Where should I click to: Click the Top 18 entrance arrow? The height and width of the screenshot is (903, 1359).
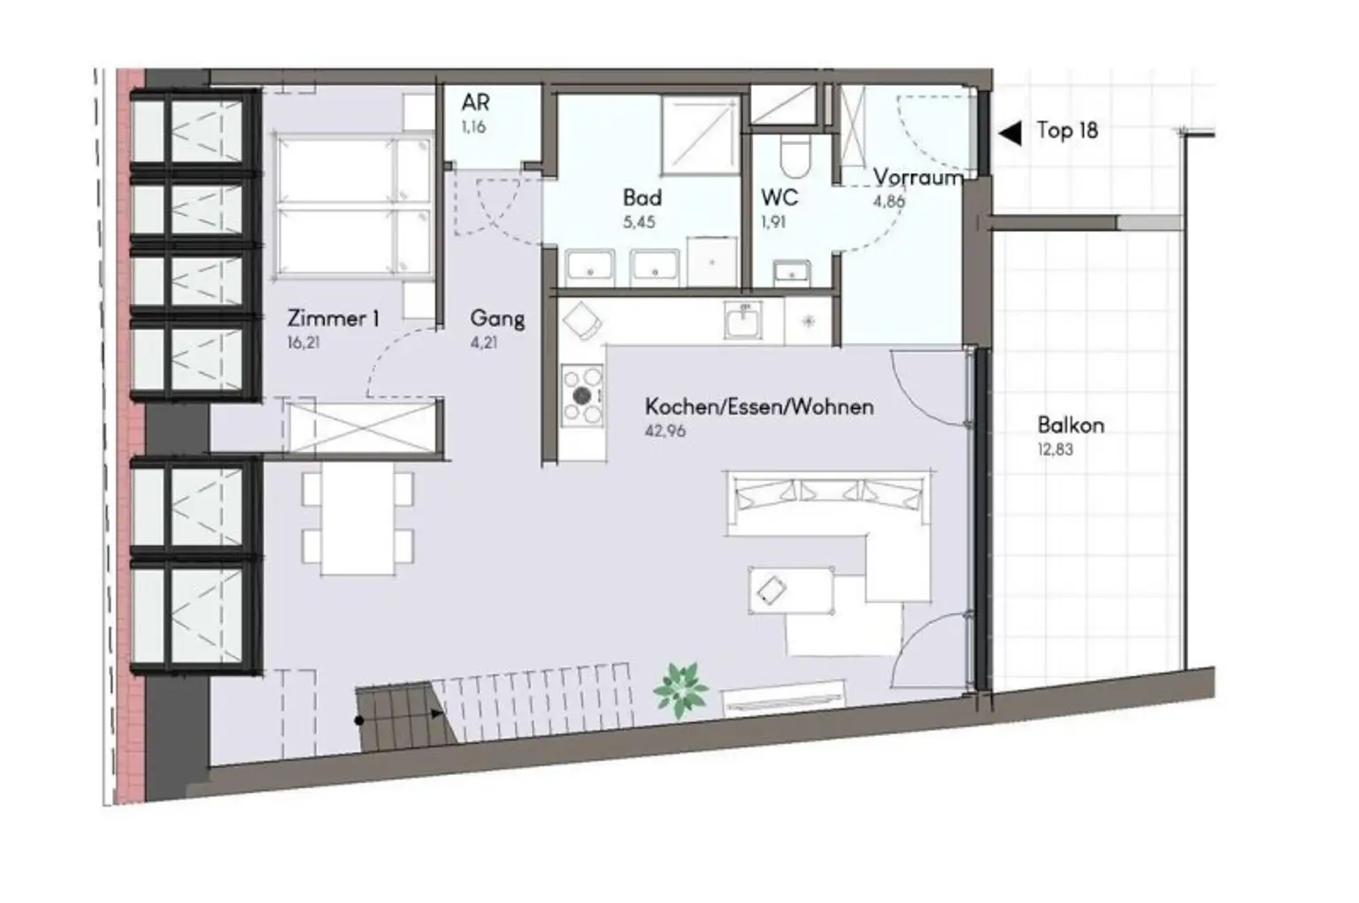(x=1009, y=133)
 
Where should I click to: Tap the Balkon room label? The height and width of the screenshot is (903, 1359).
(x=1071, y=425)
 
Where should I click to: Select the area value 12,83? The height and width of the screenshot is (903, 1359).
(x=1055, y=449)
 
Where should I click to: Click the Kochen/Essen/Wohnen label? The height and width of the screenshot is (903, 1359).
(x=759, y=407)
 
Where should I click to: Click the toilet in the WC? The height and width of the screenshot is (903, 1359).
(x=792, y=156)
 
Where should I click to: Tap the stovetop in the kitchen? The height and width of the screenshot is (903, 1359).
(x=582, y=395)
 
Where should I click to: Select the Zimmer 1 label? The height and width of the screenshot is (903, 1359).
(x=333, y=318)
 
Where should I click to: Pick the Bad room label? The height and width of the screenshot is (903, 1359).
(x=641, y=197)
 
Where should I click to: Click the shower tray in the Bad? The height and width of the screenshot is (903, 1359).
(x=699, y=133)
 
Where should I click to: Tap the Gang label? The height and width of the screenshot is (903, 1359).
(x=497, y=318)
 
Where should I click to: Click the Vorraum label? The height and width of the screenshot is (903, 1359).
(x=918, y=178)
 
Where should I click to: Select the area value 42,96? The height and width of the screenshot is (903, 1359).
(x=664, y=432)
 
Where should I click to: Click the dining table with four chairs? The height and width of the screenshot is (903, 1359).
(x=357, y=522)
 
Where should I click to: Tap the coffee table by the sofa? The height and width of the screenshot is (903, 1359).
(x=791, y=591)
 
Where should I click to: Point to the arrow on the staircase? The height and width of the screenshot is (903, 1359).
(x=436, y=713)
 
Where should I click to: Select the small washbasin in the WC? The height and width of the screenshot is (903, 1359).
(x=790, y=272)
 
